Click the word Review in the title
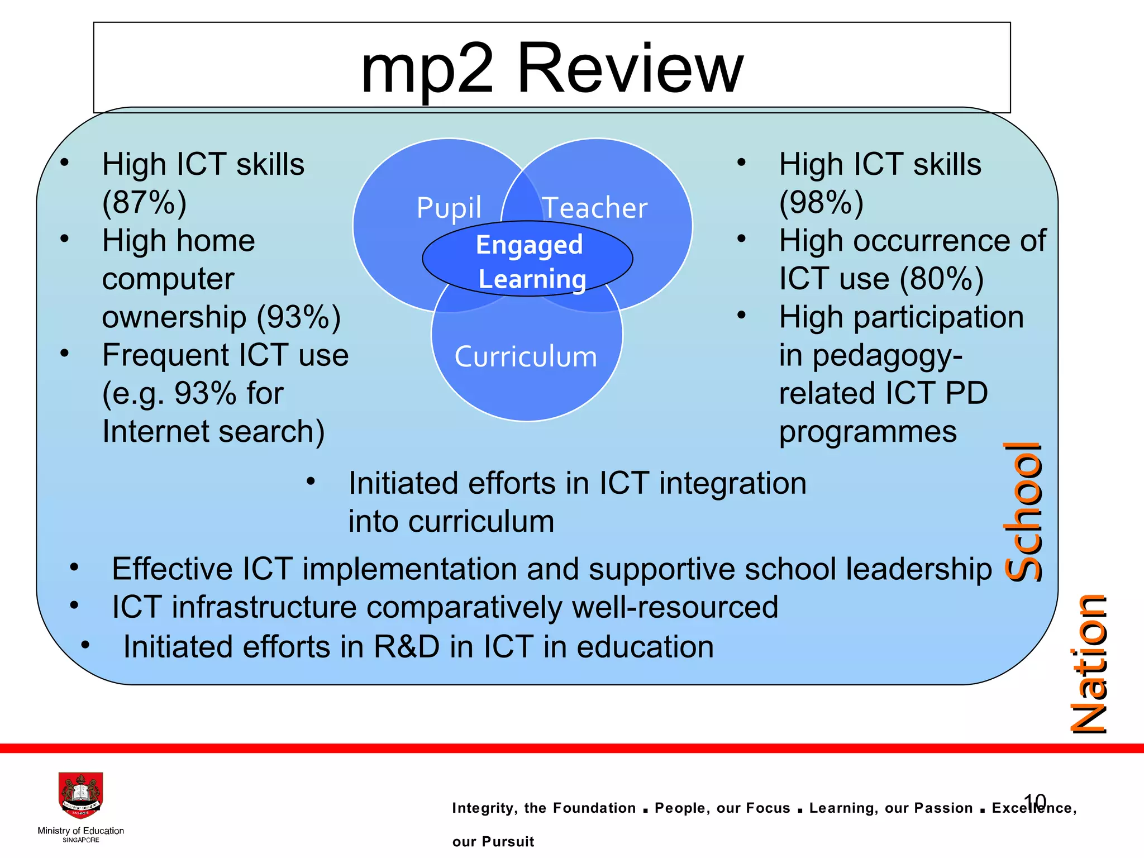click(630, 69)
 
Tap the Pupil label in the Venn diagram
click(449, 208)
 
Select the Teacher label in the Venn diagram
click(595, 208)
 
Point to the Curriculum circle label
click(526, 357)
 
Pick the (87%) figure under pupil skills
click(144, 203)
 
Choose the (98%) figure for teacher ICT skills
click(821, 203)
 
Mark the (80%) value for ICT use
click(942, 279)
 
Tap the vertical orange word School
click(1022, 511)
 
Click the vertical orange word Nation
click(1088, 664)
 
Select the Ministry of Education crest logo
click(81, 795)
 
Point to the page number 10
click(1035, 801)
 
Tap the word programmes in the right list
click(868, 432)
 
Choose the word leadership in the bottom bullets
click(918, 569)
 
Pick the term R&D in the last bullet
click(407, 647)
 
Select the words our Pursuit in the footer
click(493, 841)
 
